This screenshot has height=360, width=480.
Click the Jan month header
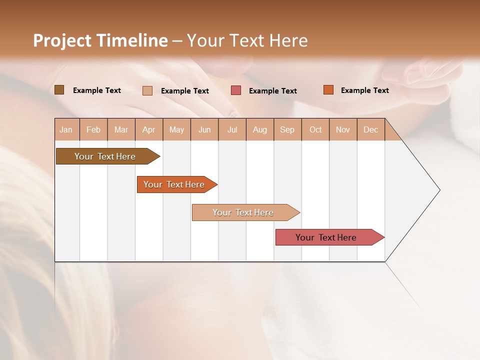[66, 130]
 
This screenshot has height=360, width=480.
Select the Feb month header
[93, 130]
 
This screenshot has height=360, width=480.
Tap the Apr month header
[149, 130]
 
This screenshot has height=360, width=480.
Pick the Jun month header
[204, 130]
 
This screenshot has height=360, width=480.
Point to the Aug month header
[260, 130]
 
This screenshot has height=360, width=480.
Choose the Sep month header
[287, 130]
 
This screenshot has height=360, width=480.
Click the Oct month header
[315, 130]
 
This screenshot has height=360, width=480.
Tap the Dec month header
[371, 130]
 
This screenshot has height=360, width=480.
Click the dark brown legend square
[59, 90]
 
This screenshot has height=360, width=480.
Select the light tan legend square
[147, 90]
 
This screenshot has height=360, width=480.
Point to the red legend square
[236, 90]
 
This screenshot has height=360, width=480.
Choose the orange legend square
[328, 90]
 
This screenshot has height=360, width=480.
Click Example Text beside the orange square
[364, 90]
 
